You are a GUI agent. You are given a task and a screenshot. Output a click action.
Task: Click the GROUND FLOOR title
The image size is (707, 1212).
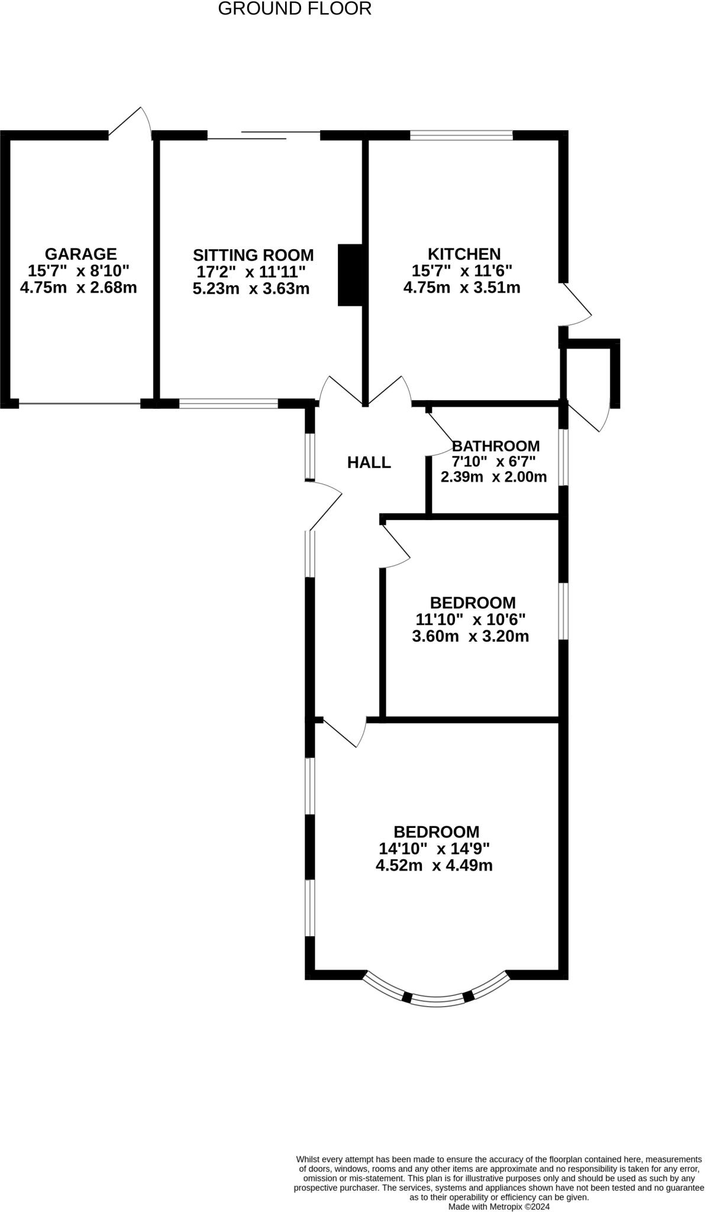(x=295, y=9)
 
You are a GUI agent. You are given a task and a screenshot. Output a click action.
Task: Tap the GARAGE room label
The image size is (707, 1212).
(x=80, y=254)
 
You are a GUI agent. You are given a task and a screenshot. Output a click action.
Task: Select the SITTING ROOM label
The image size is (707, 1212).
(x=253, y=255)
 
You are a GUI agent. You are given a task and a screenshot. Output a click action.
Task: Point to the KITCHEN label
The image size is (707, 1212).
(x=464, y=254)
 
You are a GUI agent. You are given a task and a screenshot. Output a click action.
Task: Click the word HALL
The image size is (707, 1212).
(x=369, y=462)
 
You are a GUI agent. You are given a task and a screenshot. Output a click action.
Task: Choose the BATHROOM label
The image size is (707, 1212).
(x=495, y=446)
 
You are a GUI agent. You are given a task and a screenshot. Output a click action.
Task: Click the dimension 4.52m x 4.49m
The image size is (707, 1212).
(x=434, y=866)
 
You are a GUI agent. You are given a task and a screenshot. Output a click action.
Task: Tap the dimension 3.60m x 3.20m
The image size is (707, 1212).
(x=470, y=636)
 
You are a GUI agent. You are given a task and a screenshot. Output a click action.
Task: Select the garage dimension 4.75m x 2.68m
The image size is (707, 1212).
(x=78, y=288)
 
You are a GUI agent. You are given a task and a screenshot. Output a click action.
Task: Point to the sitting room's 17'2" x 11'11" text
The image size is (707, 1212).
(x=251, y=272)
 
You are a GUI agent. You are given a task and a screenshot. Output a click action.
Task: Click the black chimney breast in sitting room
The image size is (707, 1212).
(x=350, y=275)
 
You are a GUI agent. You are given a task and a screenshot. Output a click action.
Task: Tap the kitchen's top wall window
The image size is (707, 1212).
(x=461, y=136)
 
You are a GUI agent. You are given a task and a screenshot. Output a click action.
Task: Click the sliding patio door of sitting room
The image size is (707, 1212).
(x=264, y=136)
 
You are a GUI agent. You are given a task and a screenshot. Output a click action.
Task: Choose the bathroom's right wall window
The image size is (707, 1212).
(x=564, y=457)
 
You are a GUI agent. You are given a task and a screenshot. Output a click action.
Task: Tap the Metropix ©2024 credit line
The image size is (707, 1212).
(x=499, y=1206)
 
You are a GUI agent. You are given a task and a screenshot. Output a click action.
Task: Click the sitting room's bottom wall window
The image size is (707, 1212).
(x=228, y=404)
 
